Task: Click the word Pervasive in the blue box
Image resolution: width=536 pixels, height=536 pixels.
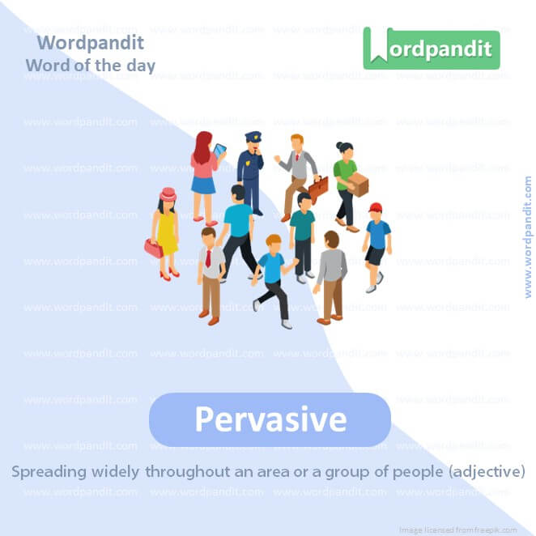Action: point(270,419)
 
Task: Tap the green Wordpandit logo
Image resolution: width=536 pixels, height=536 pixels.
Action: point(432,49)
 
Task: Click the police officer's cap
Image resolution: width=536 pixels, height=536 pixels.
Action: point(253,137)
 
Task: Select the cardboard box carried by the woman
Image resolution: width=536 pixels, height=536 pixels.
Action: point(357,185)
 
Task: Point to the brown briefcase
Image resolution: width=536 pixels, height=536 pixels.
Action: point(318,189)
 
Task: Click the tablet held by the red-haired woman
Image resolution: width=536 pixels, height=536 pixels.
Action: point(219,151)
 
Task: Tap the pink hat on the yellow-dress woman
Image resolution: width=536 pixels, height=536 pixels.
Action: point(168,194)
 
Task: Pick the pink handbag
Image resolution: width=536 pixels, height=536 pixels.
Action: point(153,248)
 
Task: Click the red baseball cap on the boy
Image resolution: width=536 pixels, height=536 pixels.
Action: point(374,208)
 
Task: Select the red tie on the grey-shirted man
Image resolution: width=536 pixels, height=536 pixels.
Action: point(209,258)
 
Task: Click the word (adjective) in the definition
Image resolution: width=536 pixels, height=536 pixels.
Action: point(485,470)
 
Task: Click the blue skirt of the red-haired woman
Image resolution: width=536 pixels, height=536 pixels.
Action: point(203,185)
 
